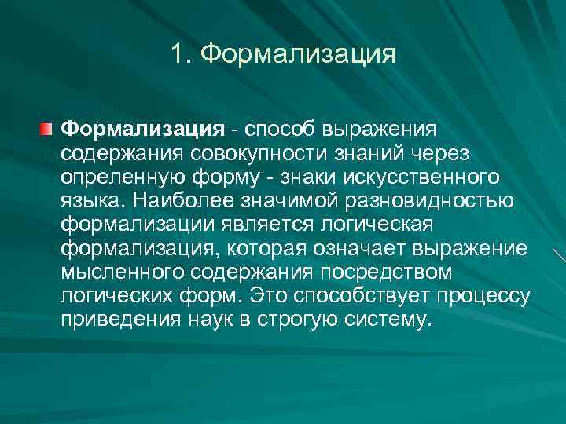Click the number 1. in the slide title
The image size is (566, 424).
[181, 54]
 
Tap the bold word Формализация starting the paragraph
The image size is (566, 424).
[143, 127]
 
